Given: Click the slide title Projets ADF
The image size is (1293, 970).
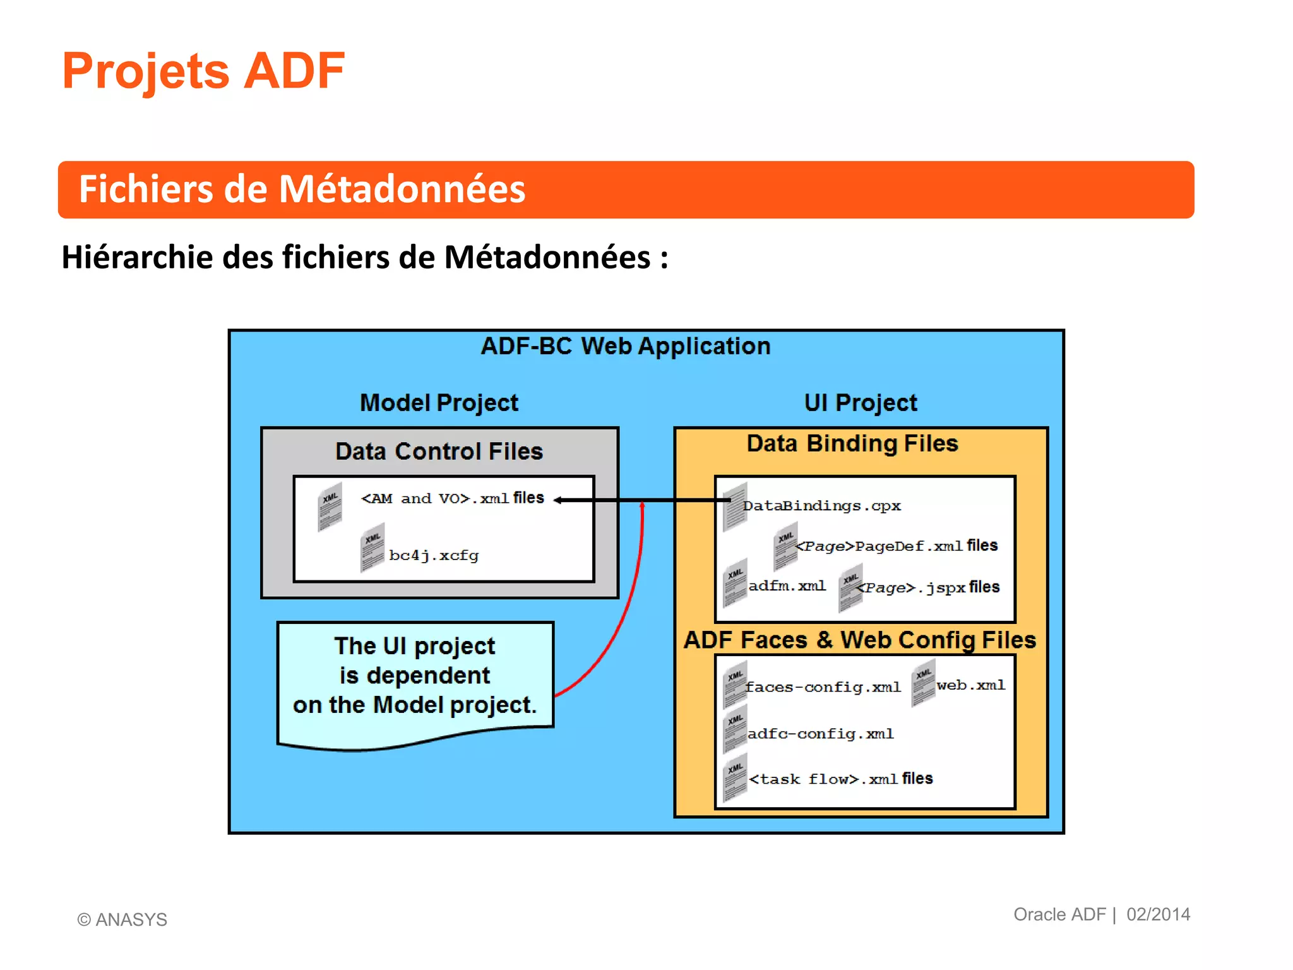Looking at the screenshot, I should coord(203,71).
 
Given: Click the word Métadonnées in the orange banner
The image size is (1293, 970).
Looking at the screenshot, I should coord(402,189).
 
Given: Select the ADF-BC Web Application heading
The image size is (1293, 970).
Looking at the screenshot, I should coord(625,346).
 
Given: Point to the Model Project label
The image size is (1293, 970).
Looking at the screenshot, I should coord(439,403).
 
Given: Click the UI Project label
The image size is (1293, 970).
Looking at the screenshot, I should coord(860,403).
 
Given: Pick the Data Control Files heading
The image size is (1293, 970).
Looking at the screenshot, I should coord(439,452).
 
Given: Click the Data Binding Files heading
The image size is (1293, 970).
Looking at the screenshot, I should coord(852,443).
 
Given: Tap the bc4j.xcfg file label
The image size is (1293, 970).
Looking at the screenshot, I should coord(434,556).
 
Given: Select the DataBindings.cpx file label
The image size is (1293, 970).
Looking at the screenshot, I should coord(821,506).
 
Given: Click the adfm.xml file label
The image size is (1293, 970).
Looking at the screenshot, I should coord(787,586).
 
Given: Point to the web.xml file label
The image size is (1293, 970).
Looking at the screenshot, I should coord(970,685).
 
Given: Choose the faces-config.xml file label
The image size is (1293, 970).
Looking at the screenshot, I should coord(822,687).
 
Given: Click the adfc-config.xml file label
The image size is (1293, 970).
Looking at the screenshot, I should coord(820,734).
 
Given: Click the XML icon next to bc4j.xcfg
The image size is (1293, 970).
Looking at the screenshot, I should coord(372,547).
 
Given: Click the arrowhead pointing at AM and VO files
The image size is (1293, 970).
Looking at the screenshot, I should coord(558,500).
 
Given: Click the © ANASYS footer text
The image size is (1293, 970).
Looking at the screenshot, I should coord(122,919).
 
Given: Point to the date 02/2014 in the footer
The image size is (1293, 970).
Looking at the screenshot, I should coord(1158,914).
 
